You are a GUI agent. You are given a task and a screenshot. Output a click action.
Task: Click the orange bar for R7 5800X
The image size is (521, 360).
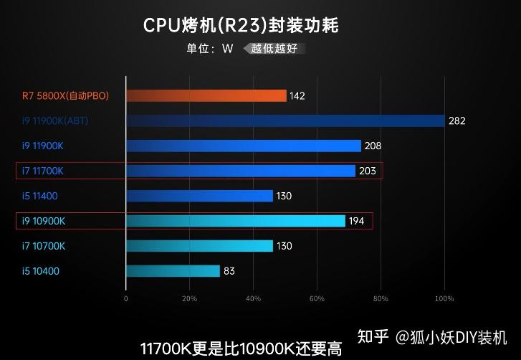(206, 95)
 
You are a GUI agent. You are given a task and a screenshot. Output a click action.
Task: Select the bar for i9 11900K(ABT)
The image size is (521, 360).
(285, 120)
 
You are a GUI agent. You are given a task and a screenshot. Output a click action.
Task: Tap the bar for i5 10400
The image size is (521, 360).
(173, 271)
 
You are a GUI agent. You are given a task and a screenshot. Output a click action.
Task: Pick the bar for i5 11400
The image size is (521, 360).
(199, 196)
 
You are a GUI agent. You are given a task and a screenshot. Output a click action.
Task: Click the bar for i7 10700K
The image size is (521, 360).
(199, 246)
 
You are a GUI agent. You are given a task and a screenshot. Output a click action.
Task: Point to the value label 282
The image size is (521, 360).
(457, 120)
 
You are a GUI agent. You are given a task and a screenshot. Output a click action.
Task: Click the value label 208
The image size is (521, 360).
(373, 146)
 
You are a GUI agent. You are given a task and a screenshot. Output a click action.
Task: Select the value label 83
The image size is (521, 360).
(229, 271)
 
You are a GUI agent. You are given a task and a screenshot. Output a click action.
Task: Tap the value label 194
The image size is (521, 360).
(357, 221)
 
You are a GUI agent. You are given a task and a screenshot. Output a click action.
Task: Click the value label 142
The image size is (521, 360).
(298, 95)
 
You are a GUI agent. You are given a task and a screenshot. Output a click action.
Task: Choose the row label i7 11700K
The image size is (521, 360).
(43, 171)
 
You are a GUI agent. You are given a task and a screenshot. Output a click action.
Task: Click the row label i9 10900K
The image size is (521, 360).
(44, 221)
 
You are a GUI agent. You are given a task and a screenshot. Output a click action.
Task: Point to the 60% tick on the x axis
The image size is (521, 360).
(317, 298)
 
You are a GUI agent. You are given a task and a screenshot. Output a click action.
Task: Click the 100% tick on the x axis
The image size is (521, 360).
(444, 298)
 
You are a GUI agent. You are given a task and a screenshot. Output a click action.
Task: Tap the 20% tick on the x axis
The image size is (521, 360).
(189, 298)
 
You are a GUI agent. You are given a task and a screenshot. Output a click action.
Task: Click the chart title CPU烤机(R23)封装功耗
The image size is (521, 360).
(241, 26)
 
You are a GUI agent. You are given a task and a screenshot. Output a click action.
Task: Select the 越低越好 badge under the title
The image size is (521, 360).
(276, 49)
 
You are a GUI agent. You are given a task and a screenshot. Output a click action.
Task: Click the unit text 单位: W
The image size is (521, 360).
(210, 49)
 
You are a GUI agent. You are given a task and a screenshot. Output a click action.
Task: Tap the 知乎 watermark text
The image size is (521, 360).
(373, 336)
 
